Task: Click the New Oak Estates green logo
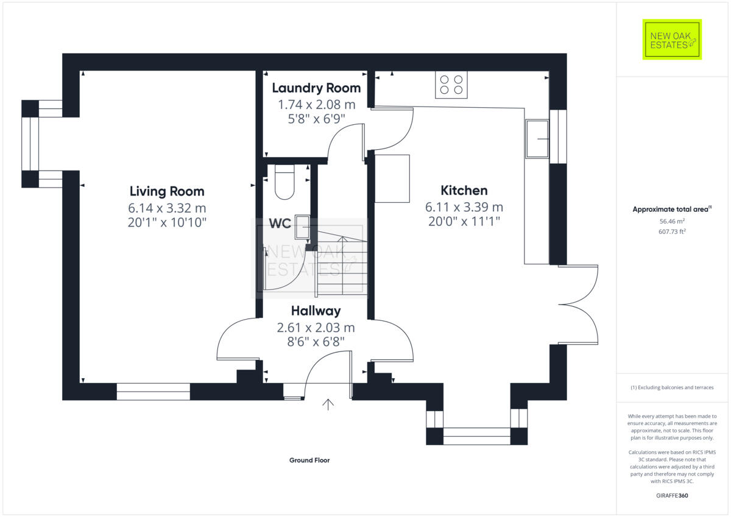[672, 40]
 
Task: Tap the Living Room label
[167, 191]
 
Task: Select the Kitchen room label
[464, 190]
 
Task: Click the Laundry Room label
[316, 88]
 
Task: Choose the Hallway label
[316, 311]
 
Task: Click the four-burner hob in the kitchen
[451, 85]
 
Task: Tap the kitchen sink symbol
[537, 138]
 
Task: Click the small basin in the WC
[303, 227]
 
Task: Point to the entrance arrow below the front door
[328, 404]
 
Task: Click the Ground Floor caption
[309, 460]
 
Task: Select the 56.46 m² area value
[672, 222]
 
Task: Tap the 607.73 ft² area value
[672, 231]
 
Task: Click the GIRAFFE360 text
[672, 496]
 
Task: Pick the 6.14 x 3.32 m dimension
[167, 208]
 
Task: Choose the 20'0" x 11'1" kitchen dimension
[464, 222]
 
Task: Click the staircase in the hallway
[341, 262]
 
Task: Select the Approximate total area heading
[672, 209]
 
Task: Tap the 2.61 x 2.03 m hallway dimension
[316, 328]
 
